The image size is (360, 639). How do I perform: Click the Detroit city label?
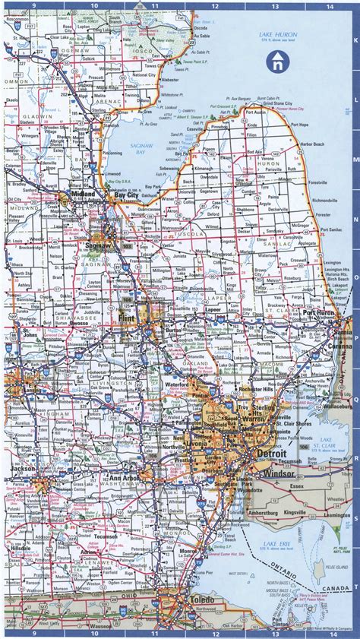click(x=272, y=454)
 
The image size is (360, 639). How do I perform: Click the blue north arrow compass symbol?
click(x=279, y=62)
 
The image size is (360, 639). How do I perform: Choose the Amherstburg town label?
click(x=269, y=513)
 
